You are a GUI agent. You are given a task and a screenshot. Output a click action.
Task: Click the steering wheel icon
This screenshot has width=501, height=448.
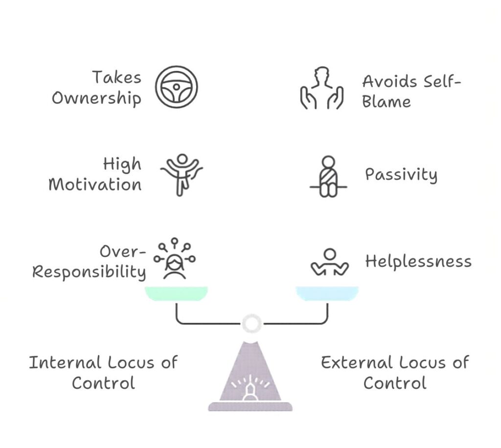176,87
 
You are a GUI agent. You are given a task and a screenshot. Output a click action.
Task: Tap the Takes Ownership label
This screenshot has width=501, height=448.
96,87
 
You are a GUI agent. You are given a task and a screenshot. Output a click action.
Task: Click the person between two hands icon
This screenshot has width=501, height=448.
321,88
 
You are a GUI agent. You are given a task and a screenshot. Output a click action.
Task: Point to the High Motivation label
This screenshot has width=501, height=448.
95,174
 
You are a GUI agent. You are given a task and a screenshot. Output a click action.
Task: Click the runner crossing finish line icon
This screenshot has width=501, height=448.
182,174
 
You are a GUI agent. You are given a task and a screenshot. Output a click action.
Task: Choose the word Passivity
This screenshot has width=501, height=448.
401,174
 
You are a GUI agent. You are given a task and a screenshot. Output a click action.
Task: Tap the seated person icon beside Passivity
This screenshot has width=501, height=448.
328,177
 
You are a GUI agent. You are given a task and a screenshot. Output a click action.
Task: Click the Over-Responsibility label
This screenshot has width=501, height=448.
89,261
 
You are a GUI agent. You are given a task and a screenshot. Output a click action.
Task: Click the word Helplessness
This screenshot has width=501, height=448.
418,261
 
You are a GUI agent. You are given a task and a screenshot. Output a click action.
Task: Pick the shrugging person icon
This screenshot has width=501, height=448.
330,263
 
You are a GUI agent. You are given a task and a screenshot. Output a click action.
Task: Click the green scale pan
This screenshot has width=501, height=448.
176,293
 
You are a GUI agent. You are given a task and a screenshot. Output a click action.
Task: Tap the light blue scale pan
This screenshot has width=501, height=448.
327,293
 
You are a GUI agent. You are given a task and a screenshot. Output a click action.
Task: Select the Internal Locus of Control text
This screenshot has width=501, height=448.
103,372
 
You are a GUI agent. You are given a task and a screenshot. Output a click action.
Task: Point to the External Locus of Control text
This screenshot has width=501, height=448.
395,372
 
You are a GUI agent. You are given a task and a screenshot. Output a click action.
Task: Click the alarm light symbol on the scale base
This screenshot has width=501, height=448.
250,387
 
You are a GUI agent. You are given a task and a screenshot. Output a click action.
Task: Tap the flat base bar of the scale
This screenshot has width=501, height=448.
250,406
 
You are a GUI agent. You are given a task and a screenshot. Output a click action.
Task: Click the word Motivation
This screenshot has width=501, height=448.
95,185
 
